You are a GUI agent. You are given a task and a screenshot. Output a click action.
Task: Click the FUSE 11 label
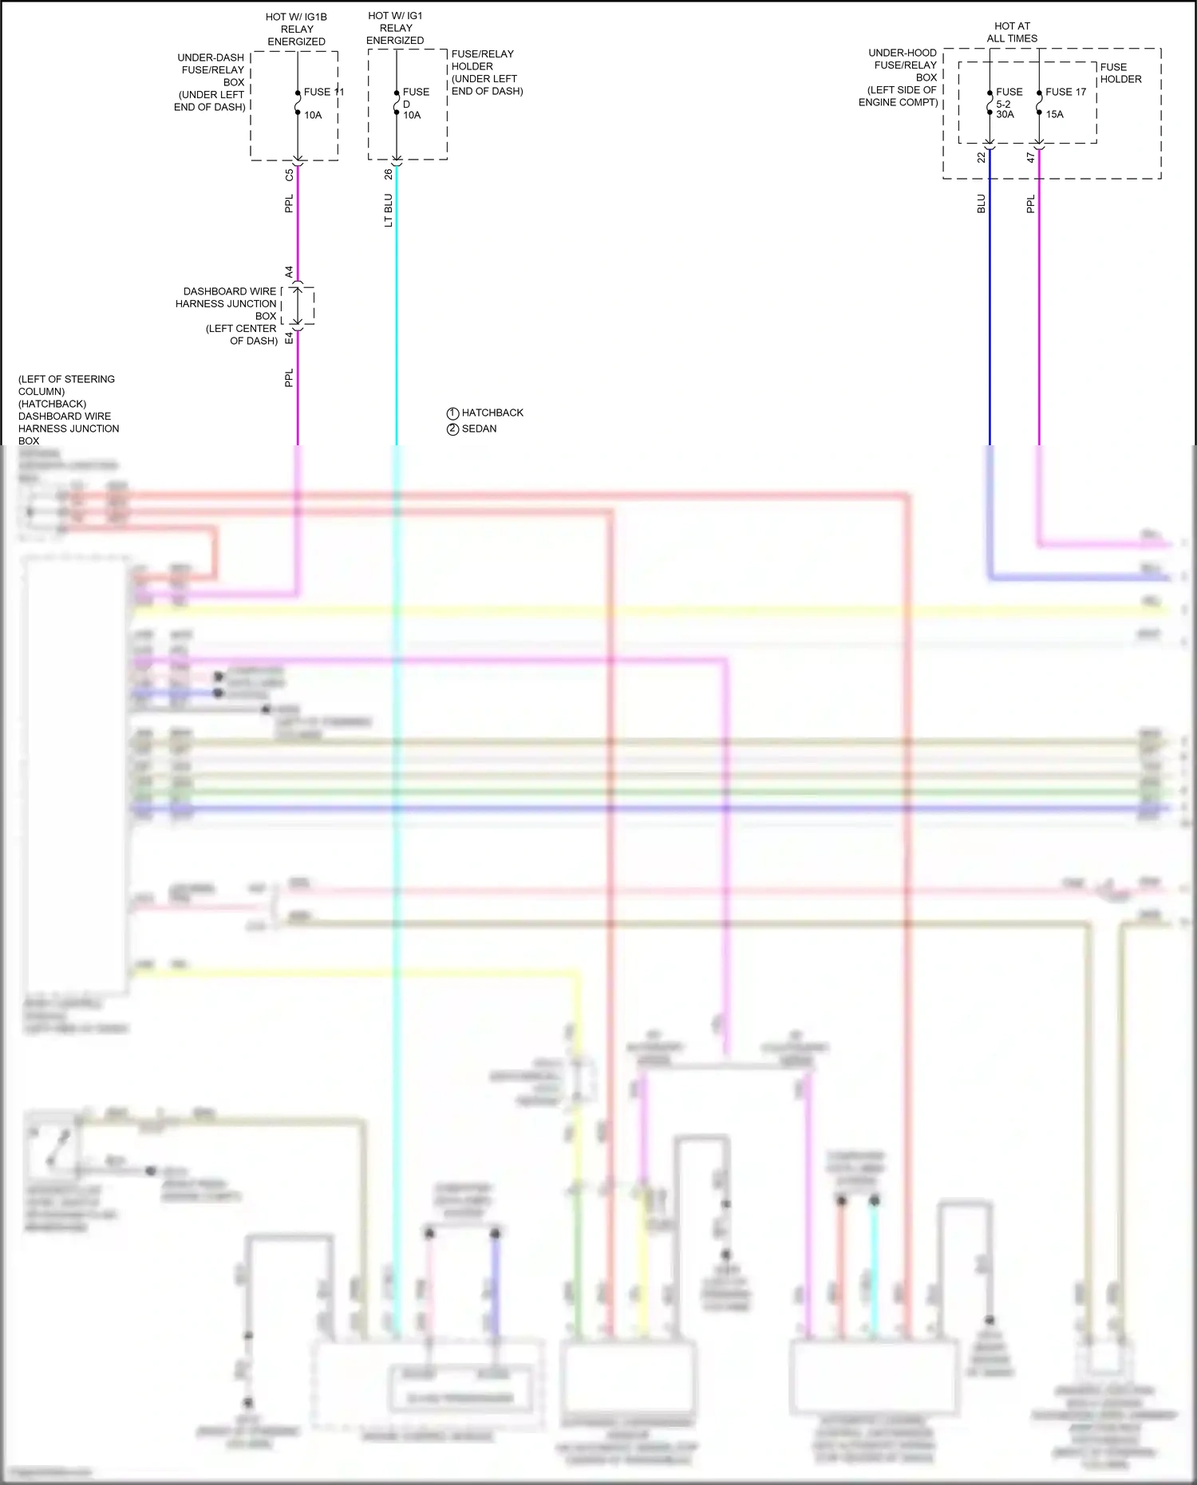(323, 92)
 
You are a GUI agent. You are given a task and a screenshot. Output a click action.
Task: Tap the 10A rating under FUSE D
(412, 115)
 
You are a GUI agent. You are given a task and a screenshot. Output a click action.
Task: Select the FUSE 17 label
(1065, 92)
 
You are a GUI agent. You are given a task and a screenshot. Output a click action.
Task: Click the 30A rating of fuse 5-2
(1005, 114)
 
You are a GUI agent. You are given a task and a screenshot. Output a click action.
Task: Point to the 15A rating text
(1054, 114)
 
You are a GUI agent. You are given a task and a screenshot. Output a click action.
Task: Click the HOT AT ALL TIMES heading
(1012, 32)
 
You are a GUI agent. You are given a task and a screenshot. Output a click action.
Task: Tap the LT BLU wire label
(389, 210)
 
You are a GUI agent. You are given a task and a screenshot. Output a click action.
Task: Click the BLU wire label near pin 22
(982, 203)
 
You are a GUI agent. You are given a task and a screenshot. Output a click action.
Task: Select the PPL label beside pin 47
(1030, 203)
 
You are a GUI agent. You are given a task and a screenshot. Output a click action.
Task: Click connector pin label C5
(289, 175)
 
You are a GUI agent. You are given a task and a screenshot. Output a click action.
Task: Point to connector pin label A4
(289, 271)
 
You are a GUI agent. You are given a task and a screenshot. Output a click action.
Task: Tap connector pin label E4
(289, 338)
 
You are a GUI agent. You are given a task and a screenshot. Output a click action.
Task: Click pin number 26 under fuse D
(389, 173)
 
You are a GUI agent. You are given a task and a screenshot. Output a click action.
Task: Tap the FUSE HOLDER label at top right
(1120, 73)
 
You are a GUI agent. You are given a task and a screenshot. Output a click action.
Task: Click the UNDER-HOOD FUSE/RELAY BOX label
(900, 77)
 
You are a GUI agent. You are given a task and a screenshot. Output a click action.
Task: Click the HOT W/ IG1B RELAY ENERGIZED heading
(296, 29)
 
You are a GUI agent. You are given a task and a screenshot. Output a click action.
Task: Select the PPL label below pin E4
(289, 377)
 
